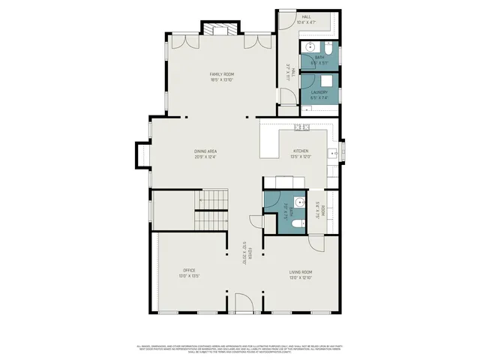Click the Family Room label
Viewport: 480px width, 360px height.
(x=222, y=74)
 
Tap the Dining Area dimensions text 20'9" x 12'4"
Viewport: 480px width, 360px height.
(x=205, y=157)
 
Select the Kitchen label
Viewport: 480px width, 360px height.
(x=300, y=151)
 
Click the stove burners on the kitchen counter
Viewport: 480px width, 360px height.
(x=301, y=127)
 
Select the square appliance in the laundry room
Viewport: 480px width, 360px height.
(x=328, y=81)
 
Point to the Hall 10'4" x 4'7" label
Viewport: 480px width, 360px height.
(x=306, y=19)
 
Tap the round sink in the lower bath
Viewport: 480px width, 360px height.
(x=298, y=201)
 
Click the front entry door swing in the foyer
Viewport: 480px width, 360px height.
(x=243, y=304)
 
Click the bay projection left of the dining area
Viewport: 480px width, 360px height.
(x=142, y=155)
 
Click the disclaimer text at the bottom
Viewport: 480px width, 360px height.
(x=240, y=348)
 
